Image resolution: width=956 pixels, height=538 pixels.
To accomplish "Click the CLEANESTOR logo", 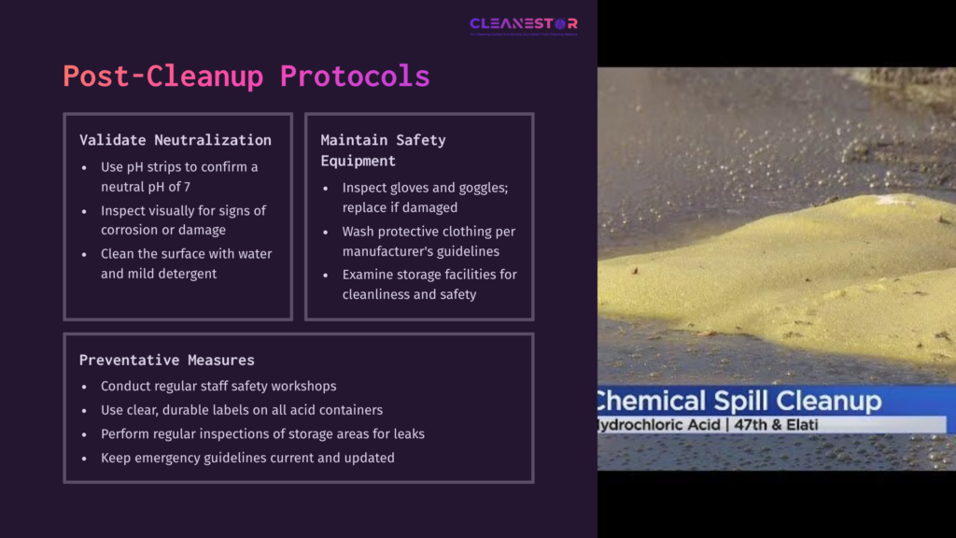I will (x=523, y=24).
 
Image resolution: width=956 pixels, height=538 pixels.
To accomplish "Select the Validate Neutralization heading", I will (x=176, y=140).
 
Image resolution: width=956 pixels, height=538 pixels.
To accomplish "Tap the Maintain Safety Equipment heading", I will (x=383, y=150).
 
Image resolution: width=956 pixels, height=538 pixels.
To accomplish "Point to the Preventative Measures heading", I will (x=166, y=360).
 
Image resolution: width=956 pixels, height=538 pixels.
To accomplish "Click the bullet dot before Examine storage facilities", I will (x=325, y=275).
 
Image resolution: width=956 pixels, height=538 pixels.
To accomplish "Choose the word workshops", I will (x=301, y=386).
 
